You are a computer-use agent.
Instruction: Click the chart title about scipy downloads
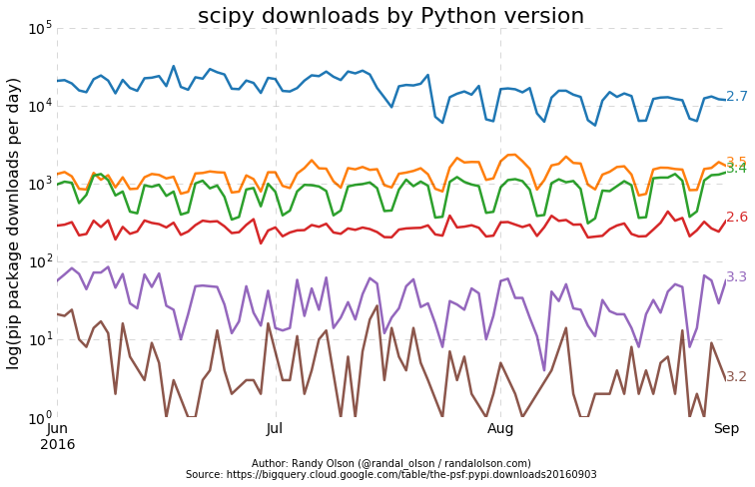(390, 16)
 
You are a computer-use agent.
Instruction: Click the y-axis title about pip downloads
(14, 223)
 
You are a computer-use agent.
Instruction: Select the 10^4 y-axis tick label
(40, 106)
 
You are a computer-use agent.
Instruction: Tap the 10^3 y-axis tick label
(40, 184)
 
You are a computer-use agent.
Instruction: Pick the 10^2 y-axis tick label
(40, 261)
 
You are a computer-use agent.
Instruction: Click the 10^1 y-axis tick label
(40, 339)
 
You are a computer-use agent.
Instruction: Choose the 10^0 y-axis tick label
(40, 417)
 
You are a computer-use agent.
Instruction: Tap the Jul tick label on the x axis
(275, 429)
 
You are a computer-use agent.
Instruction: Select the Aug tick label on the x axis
(500, 429)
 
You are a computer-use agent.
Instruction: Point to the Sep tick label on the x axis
(726, 429)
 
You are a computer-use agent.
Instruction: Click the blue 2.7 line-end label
(737, 97)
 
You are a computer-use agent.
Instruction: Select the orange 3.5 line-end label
(737, 162)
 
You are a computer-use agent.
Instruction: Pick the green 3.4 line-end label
(737, 169)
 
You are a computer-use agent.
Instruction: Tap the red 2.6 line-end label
(737, 218)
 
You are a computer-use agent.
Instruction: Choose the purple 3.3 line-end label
(737, 277)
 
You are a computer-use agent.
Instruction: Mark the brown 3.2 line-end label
(737, 377)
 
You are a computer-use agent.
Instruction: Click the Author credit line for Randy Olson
(390, 463)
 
